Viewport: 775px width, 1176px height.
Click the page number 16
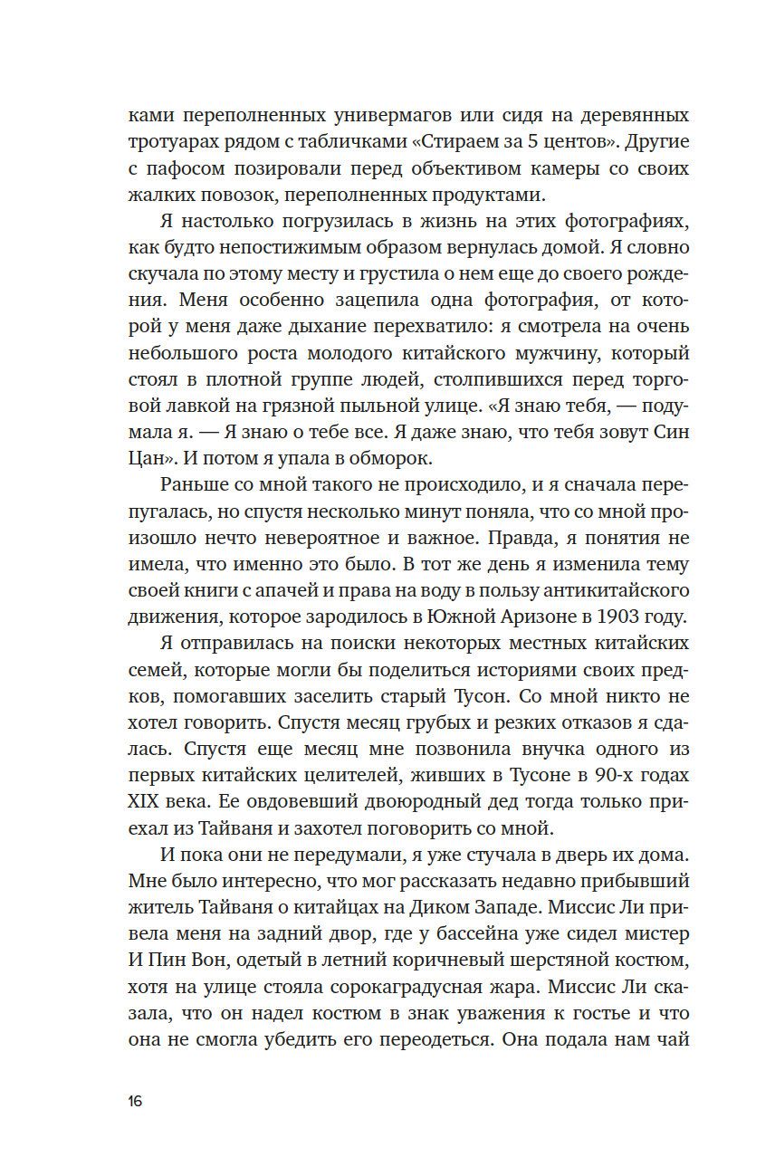pyautogui.click(x=135, y=1102)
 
